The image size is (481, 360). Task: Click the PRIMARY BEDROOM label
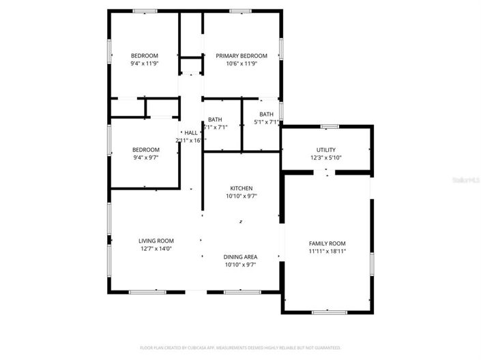[242, 55]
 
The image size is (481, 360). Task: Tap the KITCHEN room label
[241, 188]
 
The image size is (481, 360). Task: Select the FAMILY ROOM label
[327, 243]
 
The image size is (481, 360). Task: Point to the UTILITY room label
[325, 150]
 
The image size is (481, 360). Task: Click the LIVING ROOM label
[156, 241]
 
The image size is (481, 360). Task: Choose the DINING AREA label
[240, 257]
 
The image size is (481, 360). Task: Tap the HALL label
[190, 132]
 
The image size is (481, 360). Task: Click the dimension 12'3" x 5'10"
[325, 158]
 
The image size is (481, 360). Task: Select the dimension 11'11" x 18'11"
[327, 252]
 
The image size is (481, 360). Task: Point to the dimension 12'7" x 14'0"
[156, 249]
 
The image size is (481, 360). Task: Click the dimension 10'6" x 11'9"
[242, 63]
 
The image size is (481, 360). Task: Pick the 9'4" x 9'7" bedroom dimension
[145, 158]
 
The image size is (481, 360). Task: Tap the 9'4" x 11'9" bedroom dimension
[145, 63]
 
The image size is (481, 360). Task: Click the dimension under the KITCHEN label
[241, 196]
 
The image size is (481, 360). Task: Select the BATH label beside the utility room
[266, 115]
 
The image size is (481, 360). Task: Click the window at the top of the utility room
[330, 126]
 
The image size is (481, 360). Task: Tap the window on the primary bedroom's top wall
[240, 11]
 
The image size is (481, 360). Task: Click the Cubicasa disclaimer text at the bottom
[240, 347]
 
